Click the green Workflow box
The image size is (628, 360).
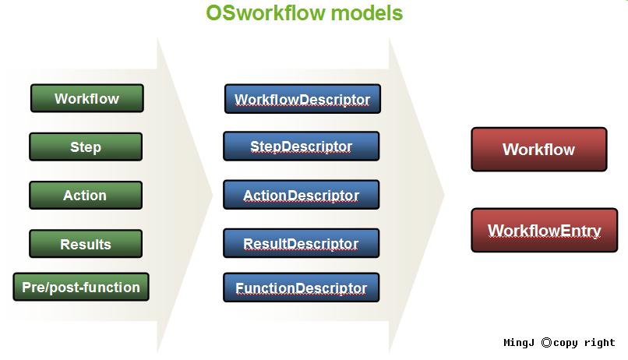coord(87,98)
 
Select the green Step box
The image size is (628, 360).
coord(86,146)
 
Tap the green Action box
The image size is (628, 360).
coord(86,195)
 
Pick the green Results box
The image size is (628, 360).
coord(86,243)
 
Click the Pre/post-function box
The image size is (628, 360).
coord(81,287)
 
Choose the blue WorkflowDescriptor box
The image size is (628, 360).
coord(302,99)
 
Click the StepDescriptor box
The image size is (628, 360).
coord(302,146)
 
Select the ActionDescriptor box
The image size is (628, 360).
coord(302,195)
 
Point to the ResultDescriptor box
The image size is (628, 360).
coord(302,243)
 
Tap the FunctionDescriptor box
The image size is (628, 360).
coord(302,288)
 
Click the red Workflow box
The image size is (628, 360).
coord(539,150)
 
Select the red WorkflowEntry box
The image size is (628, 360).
coord(545,230)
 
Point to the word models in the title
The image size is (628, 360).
coord(367,12)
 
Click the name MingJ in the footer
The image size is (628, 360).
coord(519,343)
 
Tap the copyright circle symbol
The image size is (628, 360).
coord(546,342)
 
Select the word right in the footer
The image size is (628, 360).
coord(599,343)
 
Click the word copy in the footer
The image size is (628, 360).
coord(566,344)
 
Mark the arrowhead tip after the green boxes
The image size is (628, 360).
coord(212,196)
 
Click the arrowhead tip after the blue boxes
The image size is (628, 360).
coord(445,196)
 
